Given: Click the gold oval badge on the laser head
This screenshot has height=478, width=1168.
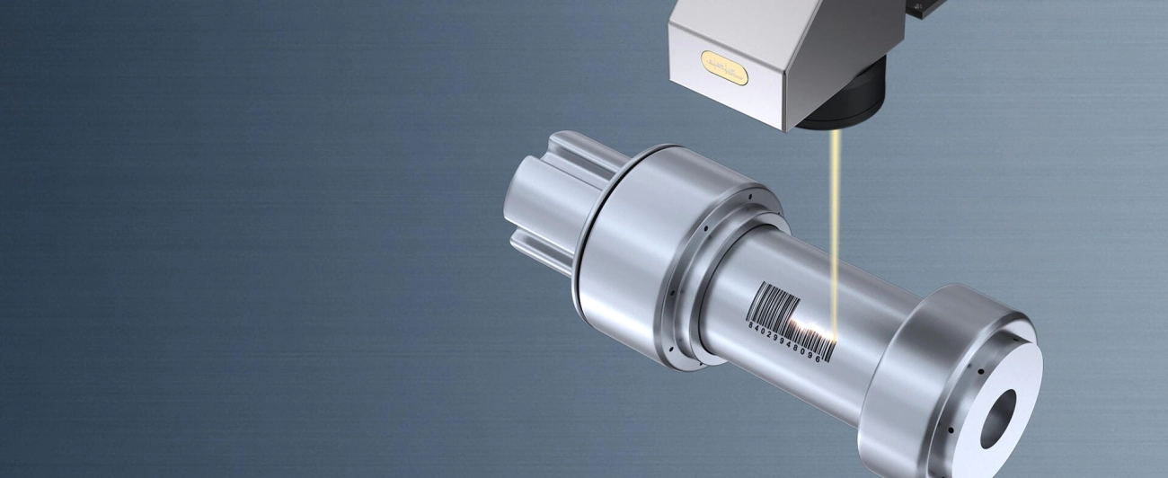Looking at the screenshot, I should click(724, 68).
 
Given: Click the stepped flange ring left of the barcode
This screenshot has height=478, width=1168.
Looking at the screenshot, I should click(692, 297).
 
